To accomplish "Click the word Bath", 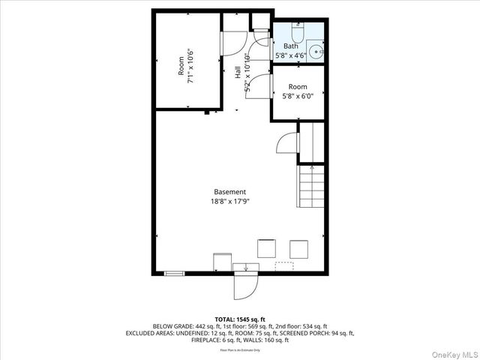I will (x=290, y=46).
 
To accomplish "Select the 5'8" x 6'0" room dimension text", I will (x=298, y=96).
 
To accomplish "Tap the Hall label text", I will (x=238, y=73).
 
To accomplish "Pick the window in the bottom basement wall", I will (x=174, y=274).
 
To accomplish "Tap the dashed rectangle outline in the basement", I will (x=284, y=265).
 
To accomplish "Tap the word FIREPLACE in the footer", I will (x=170, y=340).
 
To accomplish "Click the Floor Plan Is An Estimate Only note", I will (x=240, y=350).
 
